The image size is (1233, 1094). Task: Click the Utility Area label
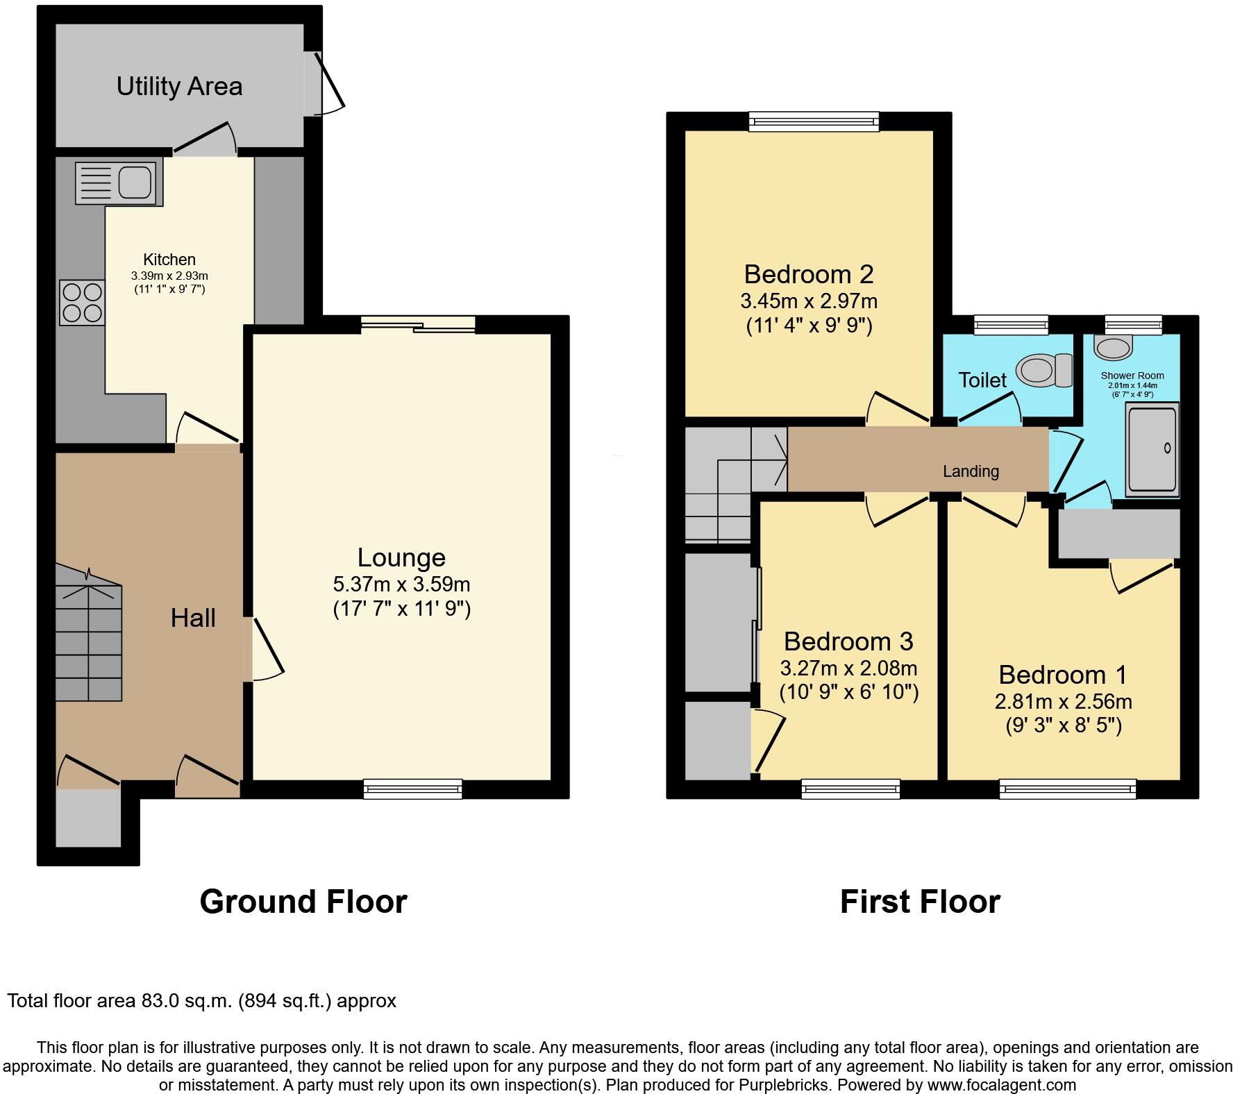(x=179, y=87)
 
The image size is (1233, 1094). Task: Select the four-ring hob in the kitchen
(x=82, y=303)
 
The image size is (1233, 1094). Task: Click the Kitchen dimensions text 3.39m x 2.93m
(x=169, y=276)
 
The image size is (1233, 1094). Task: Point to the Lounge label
(x=401, y=557)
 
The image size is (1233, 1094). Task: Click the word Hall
(x=193, y=618)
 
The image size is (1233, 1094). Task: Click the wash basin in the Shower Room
(x=1113, y=344)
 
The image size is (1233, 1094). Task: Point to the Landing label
(x=971, y=471)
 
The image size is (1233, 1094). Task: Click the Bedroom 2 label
(x=809, y=274)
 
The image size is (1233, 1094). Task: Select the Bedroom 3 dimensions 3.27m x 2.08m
(x=848, y=668)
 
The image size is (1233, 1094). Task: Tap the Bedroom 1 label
(x=1062, y=675)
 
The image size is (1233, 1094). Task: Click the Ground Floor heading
(x=303, y=902)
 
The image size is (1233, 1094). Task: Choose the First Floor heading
(x=920, y=902)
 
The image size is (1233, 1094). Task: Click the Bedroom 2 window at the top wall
(x=814, y=122)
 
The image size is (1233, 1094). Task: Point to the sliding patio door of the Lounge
(x=418, y=324)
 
